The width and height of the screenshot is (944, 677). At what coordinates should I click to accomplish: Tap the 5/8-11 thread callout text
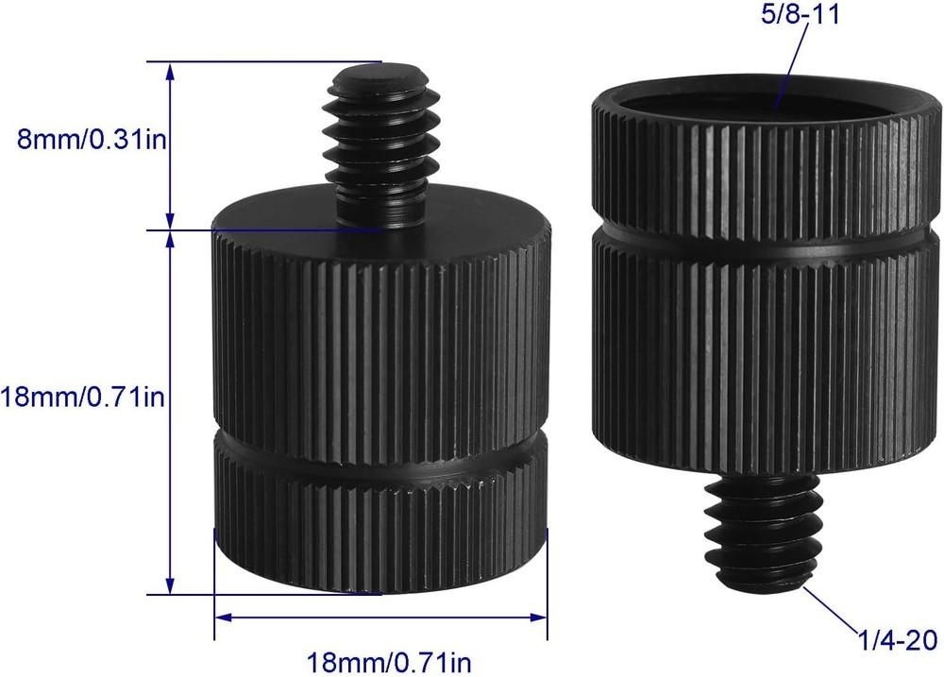(x=801, y=15)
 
